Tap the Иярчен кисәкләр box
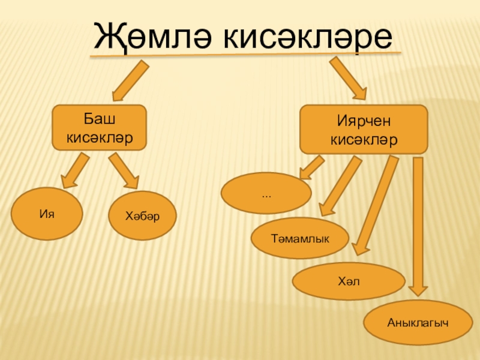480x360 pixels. (364, 130)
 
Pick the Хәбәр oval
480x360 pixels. (142, 215)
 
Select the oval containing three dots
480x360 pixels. (266, 193)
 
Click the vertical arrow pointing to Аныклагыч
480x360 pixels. (419, 228)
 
